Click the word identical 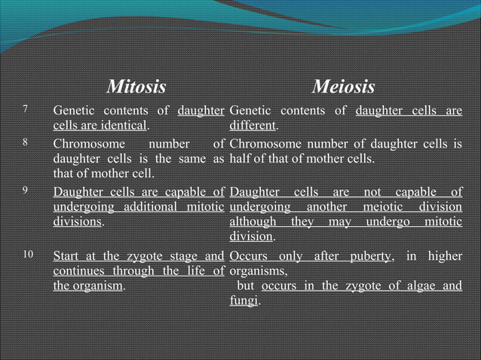pos(124,126)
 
